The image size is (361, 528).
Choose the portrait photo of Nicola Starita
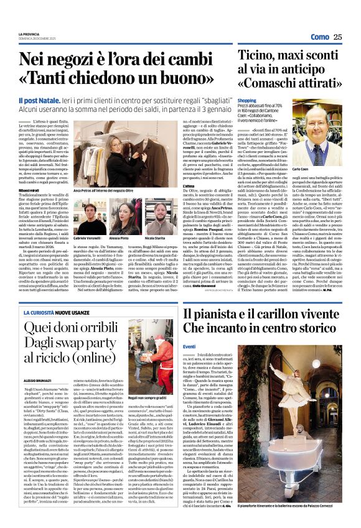(x=161, y=215)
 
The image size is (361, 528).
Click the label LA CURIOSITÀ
(x=40, y=312)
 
